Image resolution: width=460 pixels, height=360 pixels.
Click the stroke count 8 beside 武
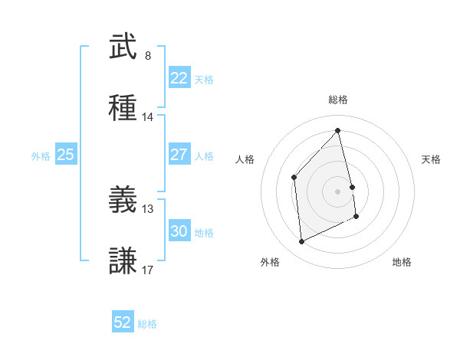(x=148, y=56)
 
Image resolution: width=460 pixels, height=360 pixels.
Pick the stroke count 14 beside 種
(x=148, y=117)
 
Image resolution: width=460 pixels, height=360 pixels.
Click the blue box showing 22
(x=179, y=78)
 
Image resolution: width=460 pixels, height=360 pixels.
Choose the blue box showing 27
(x=179, y=155)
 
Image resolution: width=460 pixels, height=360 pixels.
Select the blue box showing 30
(x=179, y=231)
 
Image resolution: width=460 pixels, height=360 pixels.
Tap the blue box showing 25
(x=65, y=155)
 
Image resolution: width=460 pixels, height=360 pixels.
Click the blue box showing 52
(x=123, y=322)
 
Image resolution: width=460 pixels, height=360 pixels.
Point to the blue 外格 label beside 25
(x=41, y=155)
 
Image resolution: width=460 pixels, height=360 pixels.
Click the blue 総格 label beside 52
(x=147, y=324)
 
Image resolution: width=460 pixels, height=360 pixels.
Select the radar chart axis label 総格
(x=338, y=100)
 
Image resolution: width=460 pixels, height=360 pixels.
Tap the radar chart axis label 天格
(x=432, y=159)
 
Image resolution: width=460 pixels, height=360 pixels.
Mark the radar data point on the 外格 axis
(x=301, y=242)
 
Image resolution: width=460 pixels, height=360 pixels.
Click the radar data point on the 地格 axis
(x=356, y=217)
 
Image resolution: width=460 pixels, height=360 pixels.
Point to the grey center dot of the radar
(x=337, y=191)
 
